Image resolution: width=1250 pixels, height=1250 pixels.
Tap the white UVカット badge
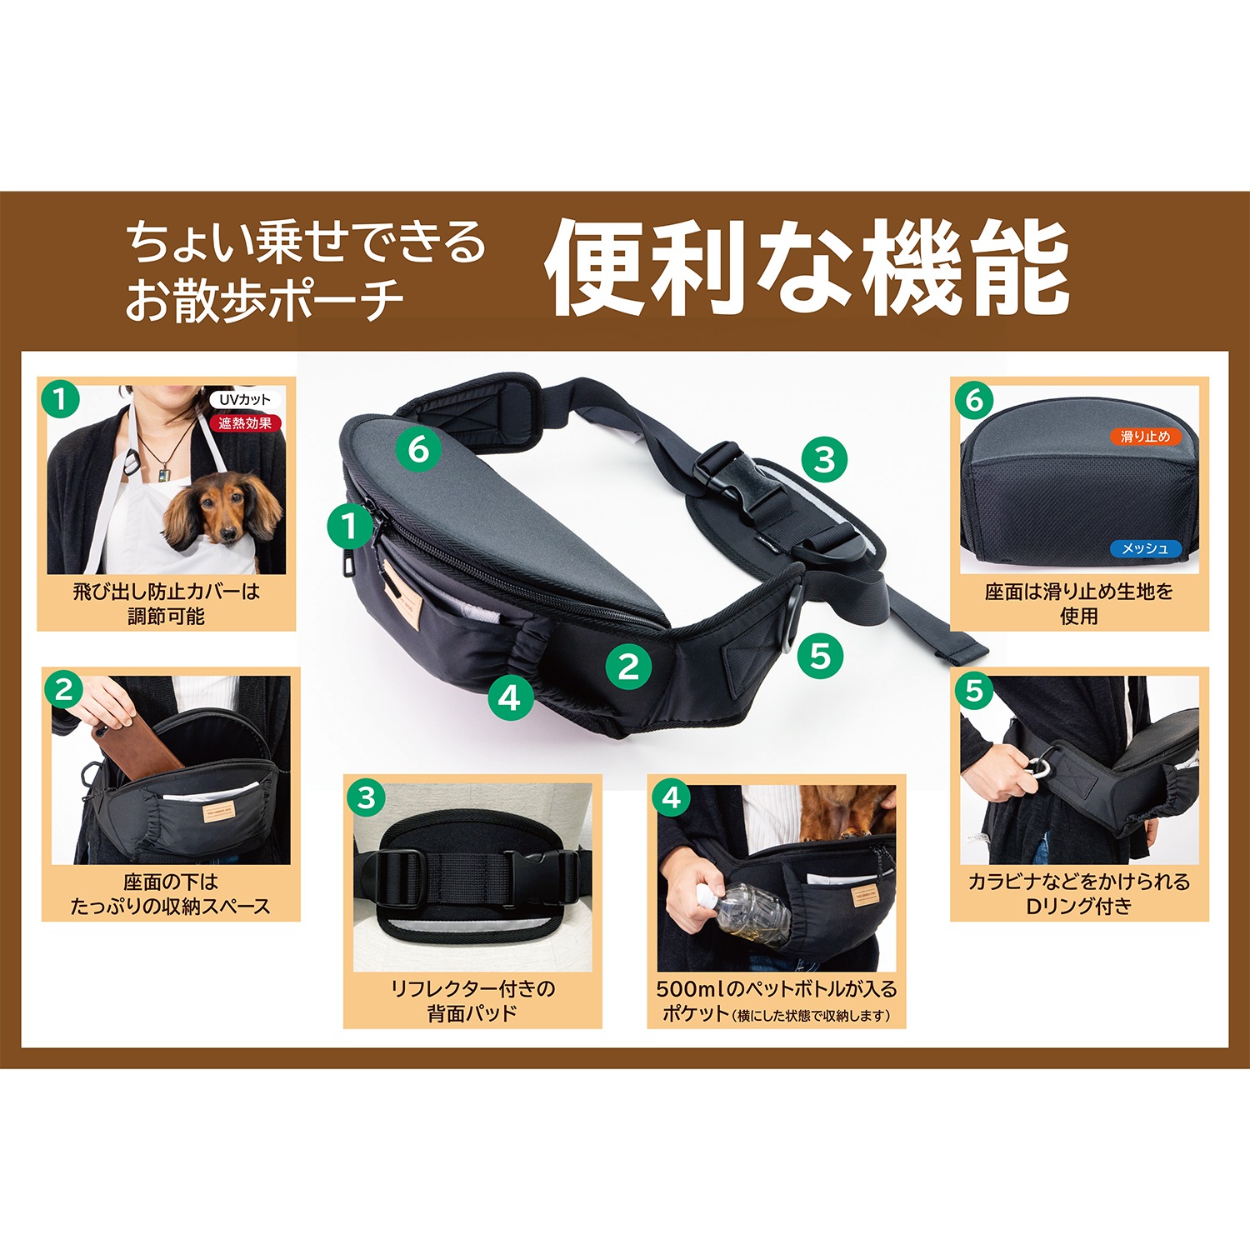(244, 400)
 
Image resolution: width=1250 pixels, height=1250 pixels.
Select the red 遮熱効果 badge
(245, 423)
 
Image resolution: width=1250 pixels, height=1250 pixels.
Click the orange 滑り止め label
(1145, 436)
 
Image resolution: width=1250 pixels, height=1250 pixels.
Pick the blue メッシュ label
(1145, 548)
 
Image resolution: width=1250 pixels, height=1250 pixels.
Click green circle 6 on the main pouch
(418, 449)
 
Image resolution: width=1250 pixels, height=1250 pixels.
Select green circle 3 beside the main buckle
(824, 459)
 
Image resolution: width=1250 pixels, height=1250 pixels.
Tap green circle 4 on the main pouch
(510, 697)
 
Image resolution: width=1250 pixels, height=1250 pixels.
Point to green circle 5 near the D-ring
(820, 656)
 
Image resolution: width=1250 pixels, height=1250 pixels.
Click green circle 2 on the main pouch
(628, 667)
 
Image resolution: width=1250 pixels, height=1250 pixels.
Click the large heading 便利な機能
(807, 268)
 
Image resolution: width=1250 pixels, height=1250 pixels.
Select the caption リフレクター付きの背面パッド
(472, 1001)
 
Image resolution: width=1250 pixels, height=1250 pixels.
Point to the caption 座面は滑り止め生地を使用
(1079, 604)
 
